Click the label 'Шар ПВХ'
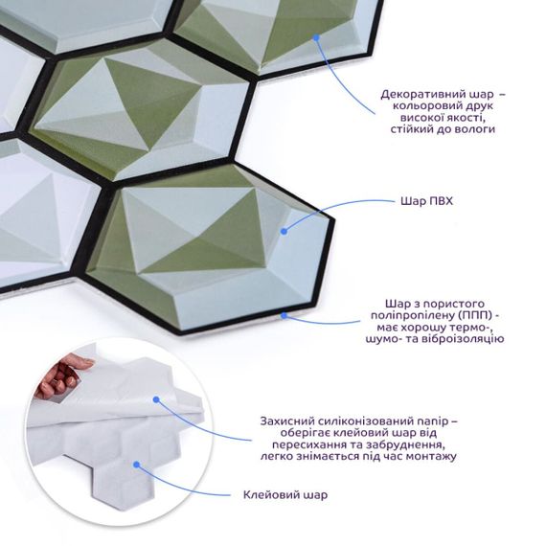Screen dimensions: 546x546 [426, 201]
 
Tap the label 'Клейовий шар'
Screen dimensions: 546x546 [285, 494]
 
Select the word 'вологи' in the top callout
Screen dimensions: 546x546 [476, 129]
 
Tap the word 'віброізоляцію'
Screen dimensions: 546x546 [464, 338]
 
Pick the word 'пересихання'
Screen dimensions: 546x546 [307, 444]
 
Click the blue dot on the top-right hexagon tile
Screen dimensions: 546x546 [316, 37]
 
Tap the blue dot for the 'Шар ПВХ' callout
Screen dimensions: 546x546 [284, 231]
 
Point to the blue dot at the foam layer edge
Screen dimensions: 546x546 [284, 315]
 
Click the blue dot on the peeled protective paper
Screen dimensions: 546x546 [156, 399]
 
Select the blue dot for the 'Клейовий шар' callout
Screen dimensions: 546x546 [136, 465]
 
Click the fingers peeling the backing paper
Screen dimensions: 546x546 [61, 376]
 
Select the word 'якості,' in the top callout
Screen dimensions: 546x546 [465, 118]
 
